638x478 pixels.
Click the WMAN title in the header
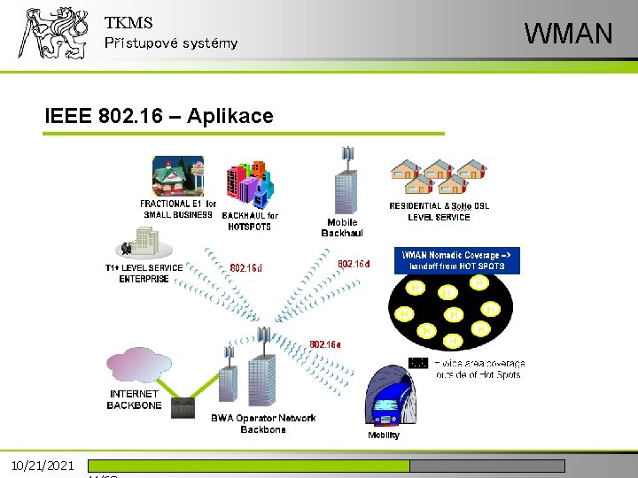click(x=568, y=34)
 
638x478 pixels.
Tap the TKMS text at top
click(x=128, y=23)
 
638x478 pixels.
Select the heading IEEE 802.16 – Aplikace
click(x=159, y=115)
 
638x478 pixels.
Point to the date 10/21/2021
click(x=42, y=466)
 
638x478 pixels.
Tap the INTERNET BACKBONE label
click(x=135, y=399)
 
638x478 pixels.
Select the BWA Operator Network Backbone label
click(x=263, y=423)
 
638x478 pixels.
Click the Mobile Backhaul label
click(x=342, y=227)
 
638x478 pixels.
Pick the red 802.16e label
click(x=325, y=343)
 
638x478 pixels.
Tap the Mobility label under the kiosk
click(x=383, y=435)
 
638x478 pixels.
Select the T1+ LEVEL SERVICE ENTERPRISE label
click(x=144, y=273)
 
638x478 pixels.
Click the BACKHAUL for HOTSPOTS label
click(x=249, y=220)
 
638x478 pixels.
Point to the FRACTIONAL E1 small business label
click(x=178, y=209)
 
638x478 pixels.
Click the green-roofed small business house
click(x=177, y=176)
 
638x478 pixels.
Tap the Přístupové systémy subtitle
click(x=171, y=43)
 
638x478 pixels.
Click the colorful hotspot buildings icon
click(x=247, y=184)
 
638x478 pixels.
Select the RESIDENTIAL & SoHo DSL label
click(x=439, y=211)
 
